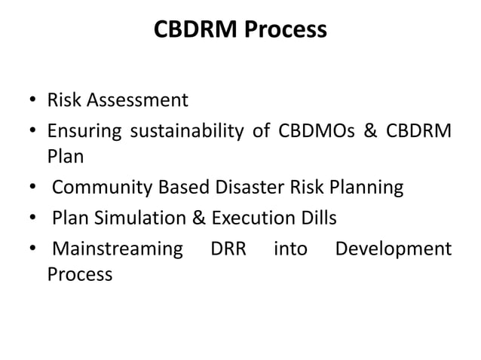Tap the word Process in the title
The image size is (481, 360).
pyautogui.click(x=286, y=30)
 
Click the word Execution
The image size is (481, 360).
pyautogui.click(x=249, y=218)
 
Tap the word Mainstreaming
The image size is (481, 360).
pyautogui.click(x=117, y=248)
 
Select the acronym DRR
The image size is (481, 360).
pyautogui.click(x=228, y=248)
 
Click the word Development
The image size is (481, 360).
pyautogui.click(x=394, y=248)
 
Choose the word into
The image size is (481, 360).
pyautogui.click(x=290, y=248)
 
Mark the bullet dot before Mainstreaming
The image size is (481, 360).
pyautogui.click(x=34, y=249)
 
